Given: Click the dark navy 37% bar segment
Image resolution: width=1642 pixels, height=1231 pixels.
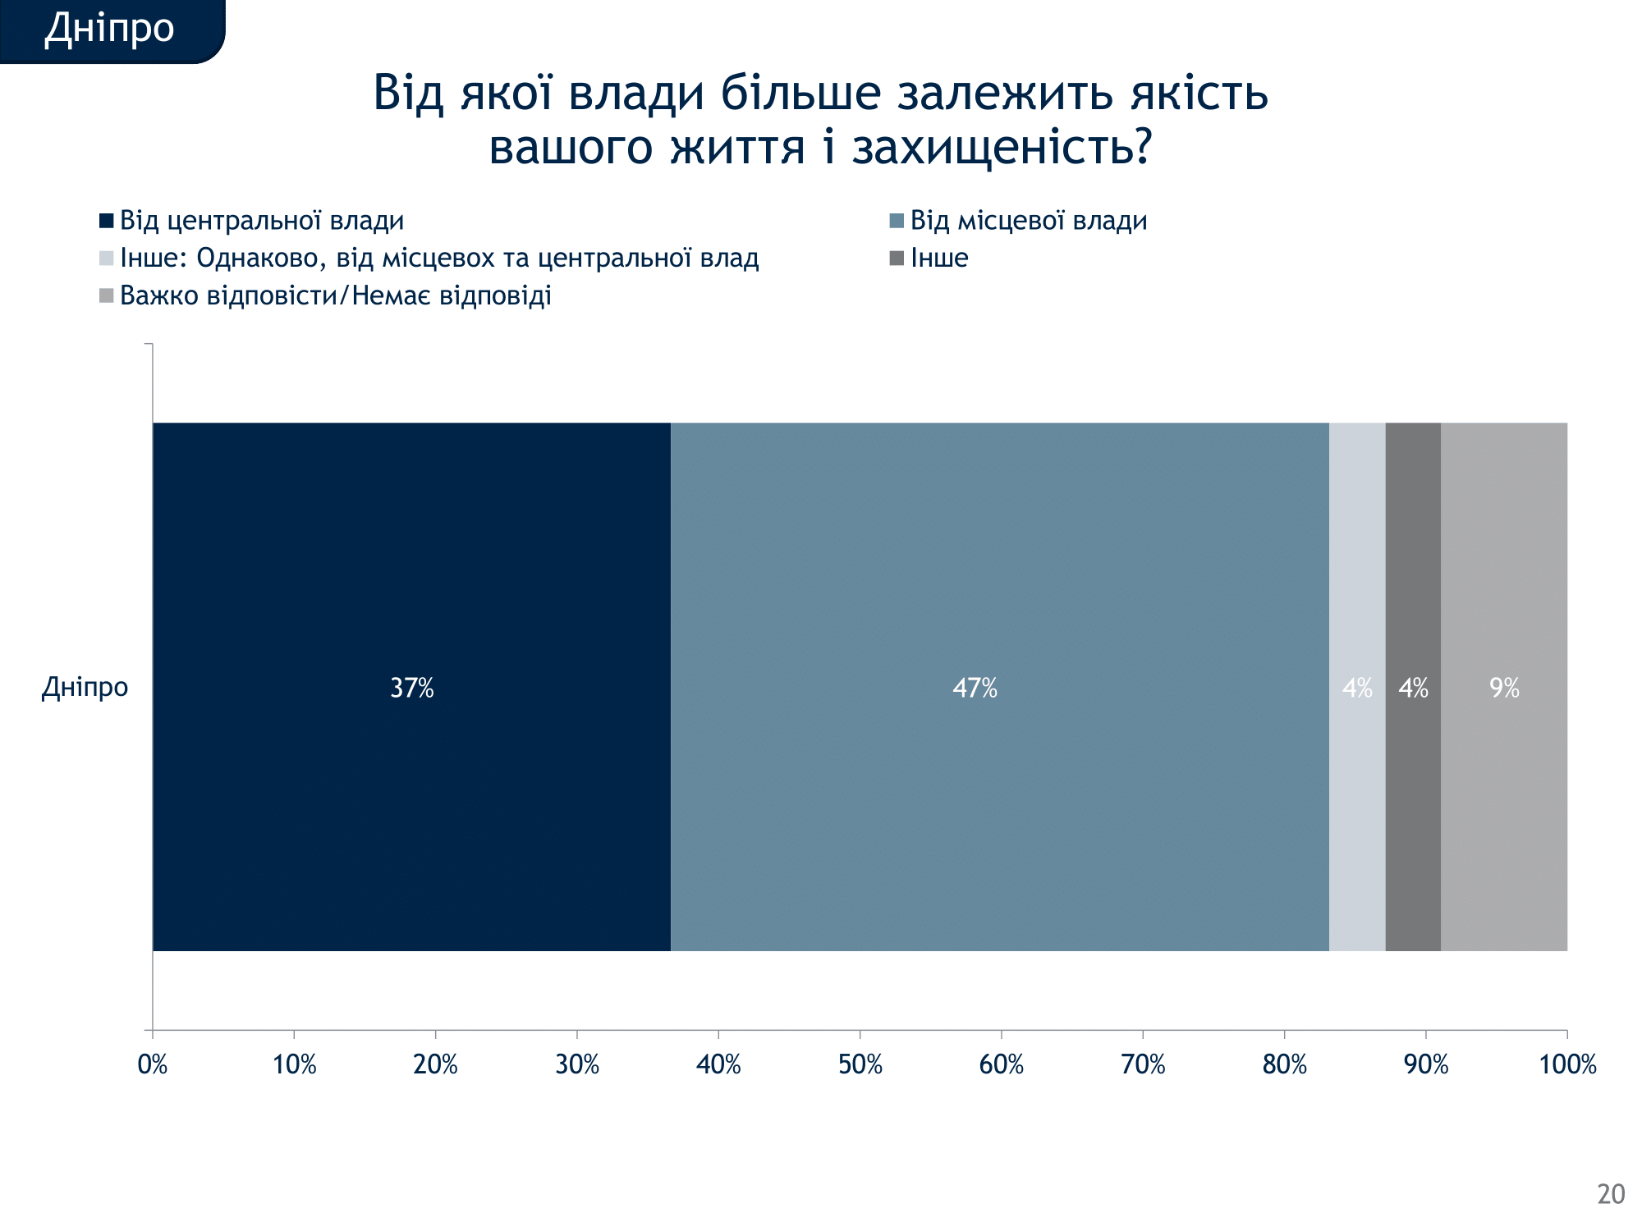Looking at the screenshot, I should click(x=411, y=687).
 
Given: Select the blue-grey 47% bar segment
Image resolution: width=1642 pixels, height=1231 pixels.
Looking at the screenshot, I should click(x=999, y=687).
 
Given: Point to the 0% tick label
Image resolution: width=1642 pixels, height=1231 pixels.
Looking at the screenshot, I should click(x=153, y=1064).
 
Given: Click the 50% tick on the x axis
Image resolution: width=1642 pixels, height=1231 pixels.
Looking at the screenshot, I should click(x=860, y=1064).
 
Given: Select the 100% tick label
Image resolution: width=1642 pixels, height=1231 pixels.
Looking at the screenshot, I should click(x=1567, y=1064).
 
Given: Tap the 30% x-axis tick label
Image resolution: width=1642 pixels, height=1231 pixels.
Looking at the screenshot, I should click(x=577, y=1064).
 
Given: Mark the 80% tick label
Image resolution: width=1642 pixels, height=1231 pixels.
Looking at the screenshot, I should click(x=1284, y=1064).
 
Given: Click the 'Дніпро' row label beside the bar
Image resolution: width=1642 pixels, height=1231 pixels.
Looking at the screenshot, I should click(x=85, y=687).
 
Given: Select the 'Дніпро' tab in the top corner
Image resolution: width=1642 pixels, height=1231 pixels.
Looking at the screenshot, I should click(x=109, y=29).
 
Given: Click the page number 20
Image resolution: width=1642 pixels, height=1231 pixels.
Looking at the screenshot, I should click(x=1611, y=1194).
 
